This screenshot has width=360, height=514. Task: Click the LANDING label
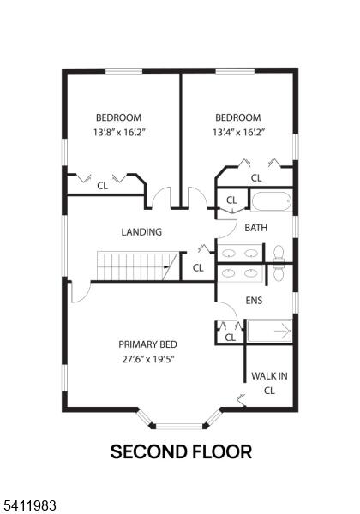[x=141, y=232]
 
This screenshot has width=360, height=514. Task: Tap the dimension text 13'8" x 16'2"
[x=119, y=133]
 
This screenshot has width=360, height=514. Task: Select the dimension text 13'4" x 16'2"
[x=238, y=133]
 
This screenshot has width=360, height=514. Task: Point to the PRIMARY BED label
[x=147, y=344]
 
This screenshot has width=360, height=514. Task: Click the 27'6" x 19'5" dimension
[x=147, y=359]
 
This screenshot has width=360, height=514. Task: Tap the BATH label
[x=255, y=228]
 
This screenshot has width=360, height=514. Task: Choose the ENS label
[x=254, y=301]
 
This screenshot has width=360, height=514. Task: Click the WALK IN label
[x=269, y=376]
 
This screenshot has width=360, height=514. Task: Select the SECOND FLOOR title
[x=181, y=451]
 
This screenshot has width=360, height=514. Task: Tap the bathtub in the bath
[x=272, y=201]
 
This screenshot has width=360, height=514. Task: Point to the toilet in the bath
[x=279, y=254]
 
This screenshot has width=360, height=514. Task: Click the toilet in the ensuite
[x=279, y=273]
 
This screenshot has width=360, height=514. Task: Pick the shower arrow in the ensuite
[x=283, y=331]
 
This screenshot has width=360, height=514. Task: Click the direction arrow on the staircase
[x=166, y=267]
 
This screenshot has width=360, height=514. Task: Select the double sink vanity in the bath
[x=240, y=253]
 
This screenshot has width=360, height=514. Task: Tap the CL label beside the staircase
[x=198, y=268]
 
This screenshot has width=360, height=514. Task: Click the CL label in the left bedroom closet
[x=102, y=186]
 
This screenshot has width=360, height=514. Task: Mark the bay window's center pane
[x=179, y=426]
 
